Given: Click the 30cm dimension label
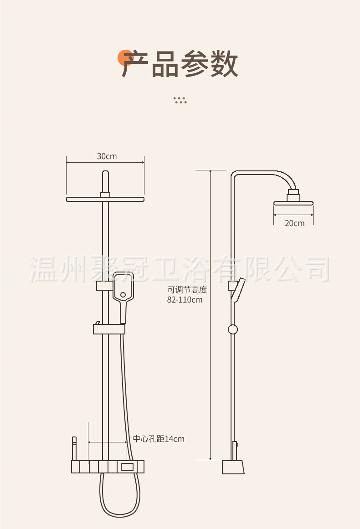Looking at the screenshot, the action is click(107, 156).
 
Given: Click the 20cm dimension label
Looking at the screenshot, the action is click(294, 223).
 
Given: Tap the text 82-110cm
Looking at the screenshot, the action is click(185, 300).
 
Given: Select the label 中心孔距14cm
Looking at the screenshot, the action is click(159, 439).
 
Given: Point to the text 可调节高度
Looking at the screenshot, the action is click(187, 290).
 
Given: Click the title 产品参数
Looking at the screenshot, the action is click(180, 64).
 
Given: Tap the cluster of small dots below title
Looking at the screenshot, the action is click(180, 100).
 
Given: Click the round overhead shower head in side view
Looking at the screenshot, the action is click(294, 202).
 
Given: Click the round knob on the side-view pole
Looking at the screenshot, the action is click(233, 329).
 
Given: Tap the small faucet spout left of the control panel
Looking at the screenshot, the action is click(74, 448).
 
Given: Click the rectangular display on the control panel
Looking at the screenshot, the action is click(128, 467).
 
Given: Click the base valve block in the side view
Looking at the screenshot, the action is click(233, 467).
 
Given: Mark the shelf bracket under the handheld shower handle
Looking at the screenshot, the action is click(109, 328).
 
